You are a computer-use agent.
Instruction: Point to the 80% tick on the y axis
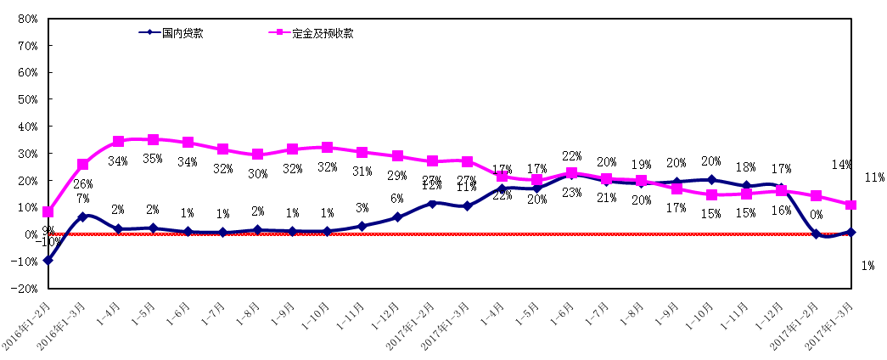[x=26, y=19]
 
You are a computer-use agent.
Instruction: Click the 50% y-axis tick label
[x=26, y=99]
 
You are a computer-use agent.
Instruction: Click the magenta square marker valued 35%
[x=153, y=139]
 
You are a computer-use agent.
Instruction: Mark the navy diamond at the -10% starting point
[x=48, y=260]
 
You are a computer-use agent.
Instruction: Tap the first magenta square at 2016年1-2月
[x=48, y=211]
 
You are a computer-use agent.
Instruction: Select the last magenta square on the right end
[x=851, y=205]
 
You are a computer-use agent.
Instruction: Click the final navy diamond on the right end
[x=851, y=232]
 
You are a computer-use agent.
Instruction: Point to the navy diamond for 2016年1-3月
[x=82, y=217]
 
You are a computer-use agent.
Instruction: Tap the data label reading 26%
[x=82, y=184]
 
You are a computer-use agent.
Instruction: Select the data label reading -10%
[x=48, y=242]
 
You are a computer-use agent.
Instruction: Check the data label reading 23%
[x=572, y=193]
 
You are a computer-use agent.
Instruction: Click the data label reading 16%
[x=781, y=211]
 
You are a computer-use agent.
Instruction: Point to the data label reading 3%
[x=362, y=207]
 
